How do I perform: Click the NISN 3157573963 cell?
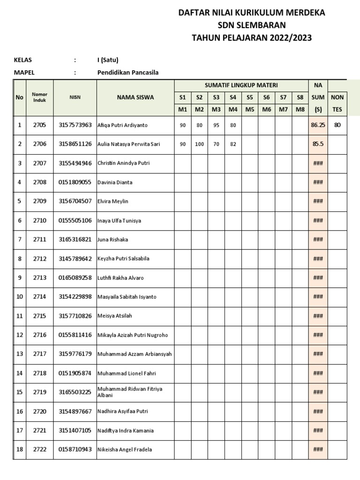(x=75, y=125)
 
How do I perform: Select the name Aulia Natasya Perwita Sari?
(x=128, y=144)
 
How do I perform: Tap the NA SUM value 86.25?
(x=318, y=125)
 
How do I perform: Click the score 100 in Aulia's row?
(x=199, y=144)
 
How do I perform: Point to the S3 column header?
(x=216, y=97)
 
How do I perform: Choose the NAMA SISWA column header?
(x=135, y=97)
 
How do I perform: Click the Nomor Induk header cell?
(x=40, y=97)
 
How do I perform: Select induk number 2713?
(x=40, y=278)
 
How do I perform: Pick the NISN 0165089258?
(x=75, y=278)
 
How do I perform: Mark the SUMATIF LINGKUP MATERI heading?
(x=241, y=85)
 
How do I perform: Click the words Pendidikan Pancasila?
(x=128, y=73)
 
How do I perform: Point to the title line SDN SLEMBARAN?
(x=251, y=25)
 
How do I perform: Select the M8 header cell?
(x=300, y=110)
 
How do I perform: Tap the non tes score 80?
(x=337, y=125)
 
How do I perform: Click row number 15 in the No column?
(x=19, y=392)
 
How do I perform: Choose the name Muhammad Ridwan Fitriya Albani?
(x=129, y=392)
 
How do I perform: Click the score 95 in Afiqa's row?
(x=216, y=125)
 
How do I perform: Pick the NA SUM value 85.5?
(x=318, y=144)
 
